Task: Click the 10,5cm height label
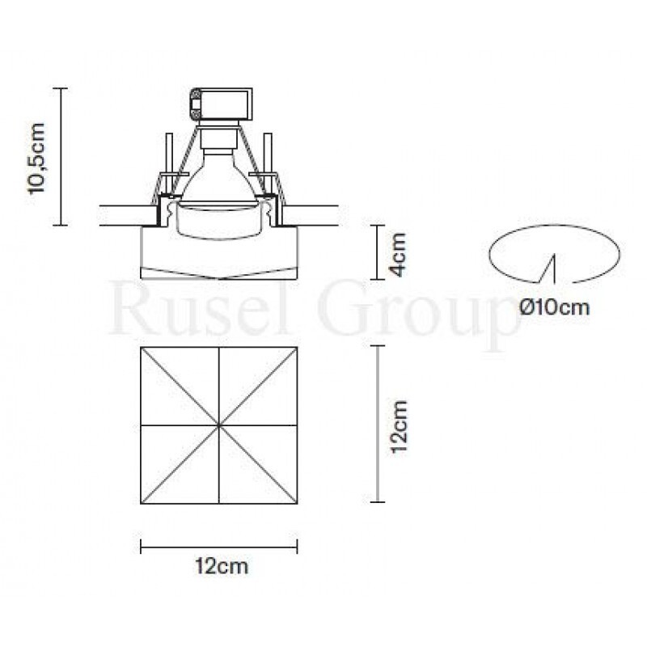38,157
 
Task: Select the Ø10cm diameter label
555,307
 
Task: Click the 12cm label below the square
220,566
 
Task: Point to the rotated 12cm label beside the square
397,424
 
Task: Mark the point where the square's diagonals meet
219,424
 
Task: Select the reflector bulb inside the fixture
218,178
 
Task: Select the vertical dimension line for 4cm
376,252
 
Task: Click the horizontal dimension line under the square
219,546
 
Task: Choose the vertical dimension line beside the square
376,424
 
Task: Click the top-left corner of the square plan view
142,348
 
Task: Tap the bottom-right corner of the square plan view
297,501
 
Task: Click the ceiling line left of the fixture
121,214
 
